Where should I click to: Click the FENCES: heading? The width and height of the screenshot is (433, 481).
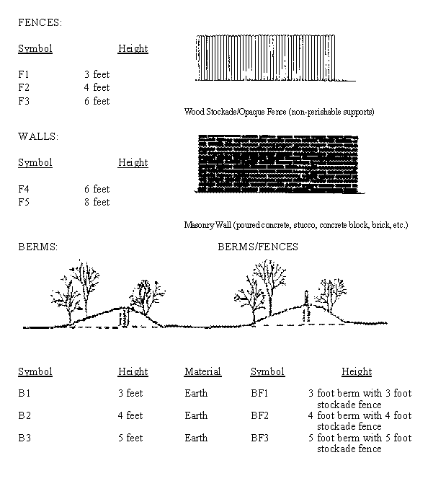40,22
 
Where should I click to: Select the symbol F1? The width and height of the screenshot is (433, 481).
24,74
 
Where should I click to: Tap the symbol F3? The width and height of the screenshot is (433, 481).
24,101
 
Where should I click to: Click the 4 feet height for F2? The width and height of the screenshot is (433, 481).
97,88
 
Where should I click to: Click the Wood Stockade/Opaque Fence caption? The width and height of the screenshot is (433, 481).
280,112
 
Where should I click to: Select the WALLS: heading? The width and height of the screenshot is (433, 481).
38,136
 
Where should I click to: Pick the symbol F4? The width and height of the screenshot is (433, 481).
24,189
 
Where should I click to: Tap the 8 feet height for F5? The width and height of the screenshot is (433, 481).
97,202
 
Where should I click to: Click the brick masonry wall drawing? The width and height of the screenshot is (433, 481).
277,164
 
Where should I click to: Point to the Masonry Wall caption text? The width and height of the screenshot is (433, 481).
296,225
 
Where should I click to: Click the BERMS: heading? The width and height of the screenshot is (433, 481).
37,247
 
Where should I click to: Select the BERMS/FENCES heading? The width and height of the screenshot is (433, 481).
257,247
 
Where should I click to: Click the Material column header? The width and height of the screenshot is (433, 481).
202,371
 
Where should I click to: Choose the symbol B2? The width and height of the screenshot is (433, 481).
24,415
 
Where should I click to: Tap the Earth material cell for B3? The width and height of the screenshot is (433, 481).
196,438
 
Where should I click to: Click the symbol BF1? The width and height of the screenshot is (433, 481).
259,393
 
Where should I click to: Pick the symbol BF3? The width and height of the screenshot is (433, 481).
259,438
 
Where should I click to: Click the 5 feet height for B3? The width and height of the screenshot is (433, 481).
130,438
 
